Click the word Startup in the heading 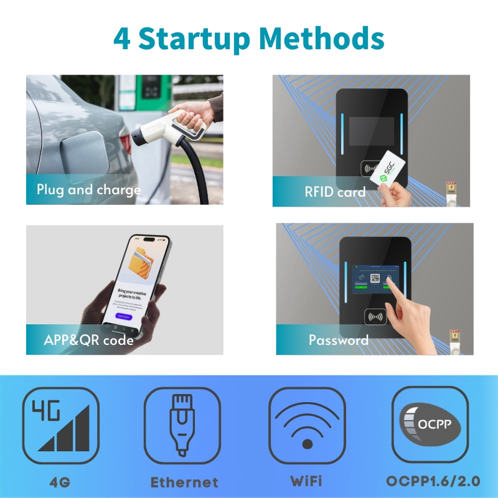point(197,39)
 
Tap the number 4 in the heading point(121,39)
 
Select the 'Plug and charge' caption point(88,190)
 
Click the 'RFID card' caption point(335,192)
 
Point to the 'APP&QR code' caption point(88,340)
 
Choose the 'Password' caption point(338,340)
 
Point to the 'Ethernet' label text point(184,482)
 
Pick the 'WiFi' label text point(306,481)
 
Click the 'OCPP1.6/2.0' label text point(433,481)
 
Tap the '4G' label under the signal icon point(60,481)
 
